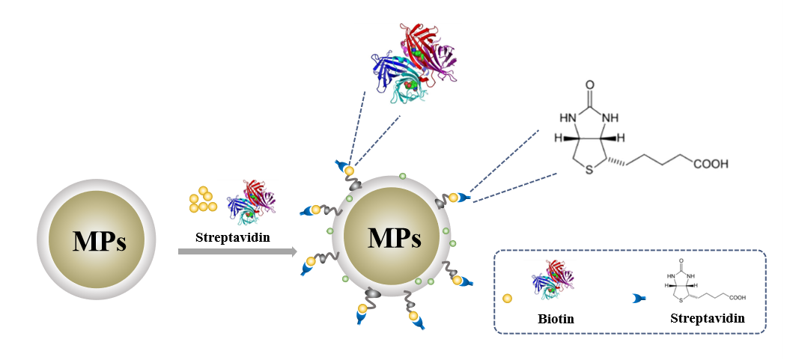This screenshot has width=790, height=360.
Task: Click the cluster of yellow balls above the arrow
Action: click(x=202, y=199)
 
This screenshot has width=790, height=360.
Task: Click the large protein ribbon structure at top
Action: click(x=414, y=64)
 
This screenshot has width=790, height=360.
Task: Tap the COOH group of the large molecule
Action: click(x=710, y=163)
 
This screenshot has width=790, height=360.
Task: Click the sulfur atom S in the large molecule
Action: click(x=589, y=171)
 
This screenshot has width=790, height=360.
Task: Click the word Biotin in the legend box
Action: click(x=556, y=318)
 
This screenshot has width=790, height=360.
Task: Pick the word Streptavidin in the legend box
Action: click(x=708, y=318)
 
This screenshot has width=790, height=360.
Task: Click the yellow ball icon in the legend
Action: click(x=507, y=299)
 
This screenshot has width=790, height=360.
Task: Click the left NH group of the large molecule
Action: click(x=568, y=117)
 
